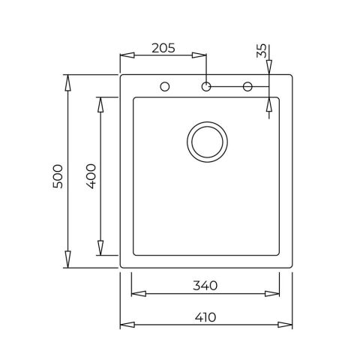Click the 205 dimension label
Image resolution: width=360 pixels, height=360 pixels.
click(163, 47)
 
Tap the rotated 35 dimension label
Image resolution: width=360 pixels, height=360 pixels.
click(260, 51)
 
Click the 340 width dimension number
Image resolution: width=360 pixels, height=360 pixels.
click(205, 285)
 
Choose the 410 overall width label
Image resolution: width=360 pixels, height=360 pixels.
click(205, 316)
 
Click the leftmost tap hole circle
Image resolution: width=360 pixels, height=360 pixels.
click(164, 87)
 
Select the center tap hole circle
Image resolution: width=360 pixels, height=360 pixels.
click(205, 87)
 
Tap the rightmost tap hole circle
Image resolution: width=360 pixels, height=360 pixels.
click(247, 87)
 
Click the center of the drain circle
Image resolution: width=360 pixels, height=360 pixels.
click(205, 140)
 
